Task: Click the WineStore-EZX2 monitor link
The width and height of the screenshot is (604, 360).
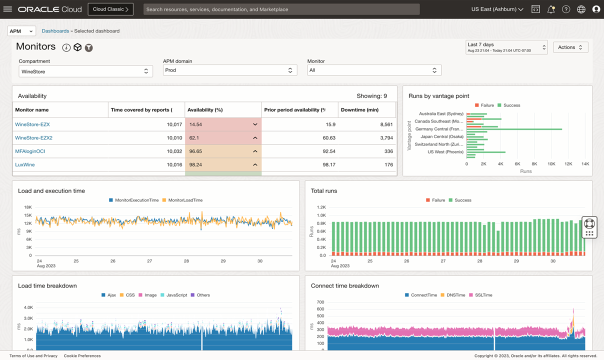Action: click(33, 138)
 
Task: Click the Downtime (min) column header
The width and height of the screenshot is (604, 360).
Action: click(359, 110)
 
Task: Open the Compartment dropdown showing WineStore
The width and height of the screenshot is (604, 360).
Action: click(85, 71)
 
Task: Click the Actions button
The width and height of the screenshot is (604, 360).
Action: click(570, 47)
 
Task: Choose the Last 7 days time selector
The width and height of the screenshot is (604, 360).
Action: click(506, 47)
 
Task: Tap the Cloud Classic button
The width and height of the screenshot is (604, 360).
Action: click(110, 9)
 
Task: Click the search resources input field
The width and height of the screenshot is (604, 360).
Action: click(281, 9)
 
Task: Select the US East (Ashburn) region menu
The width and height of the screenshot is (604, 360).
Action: click(497, 9)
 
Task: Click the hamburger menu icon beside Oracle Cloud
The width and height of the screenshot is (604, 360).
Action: click(7, 9)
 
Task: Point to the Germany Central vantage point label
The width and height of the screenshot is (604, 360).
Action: click(439, 129)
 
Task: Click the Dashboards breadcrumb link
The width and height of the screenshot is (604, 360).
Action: click(55, 31)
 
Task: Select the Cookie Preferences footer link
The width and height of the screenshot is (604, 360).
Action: click(82, 356)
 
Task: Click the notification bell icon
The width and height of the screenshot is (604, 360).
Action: click(550, 9)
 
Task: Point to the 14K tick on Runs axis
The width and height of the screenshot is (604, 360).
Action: click(584, 164)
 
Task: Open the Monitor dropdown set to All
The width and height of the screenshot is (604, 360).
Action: click(374, 70)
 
